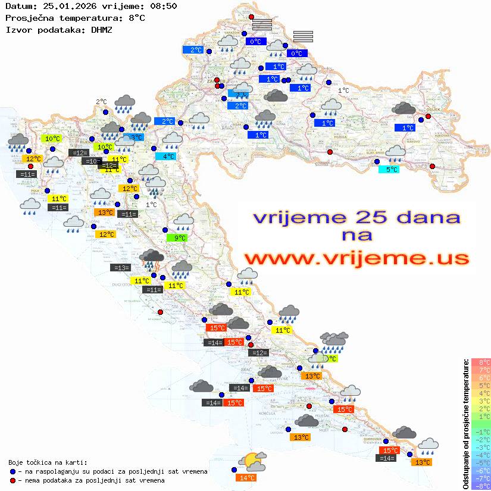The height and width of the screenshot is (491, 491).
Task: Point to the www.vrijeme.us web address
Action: click(x=356, y=258)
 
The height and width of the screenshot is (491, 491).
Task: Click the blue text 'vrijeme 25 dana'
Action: click(x=356, y=217)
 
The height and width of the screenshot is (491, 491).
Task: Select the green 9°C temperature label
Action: click(x=180, y=238)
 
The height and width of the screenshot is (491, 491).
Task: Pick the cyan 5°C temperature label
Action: click(x=389, y=169)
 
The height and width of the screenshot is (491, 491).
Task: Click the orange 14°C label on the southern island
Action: click(x=246, y=477)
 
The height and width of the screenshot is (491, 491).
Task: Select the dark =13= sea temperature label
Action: click(x=121, y=268)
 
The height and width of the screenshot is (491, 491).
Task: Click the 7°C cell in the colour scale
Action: click(x=481, y=370)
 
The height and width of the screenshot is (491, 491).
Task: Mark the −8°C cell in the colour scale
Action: click(x=481, y=486)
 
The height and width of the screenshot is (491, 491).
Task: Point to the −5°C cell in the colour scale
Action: click(x=481, y=462)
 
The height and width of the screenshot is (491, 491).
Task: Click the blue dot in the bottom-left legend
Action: click(x=13, y=471)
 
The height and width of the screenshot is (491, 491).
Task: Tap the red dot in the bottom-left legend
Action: click(x=13, y=480)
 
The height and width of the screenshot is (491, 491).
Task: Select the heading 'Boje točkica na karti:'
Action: click(x=48, y=462)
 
